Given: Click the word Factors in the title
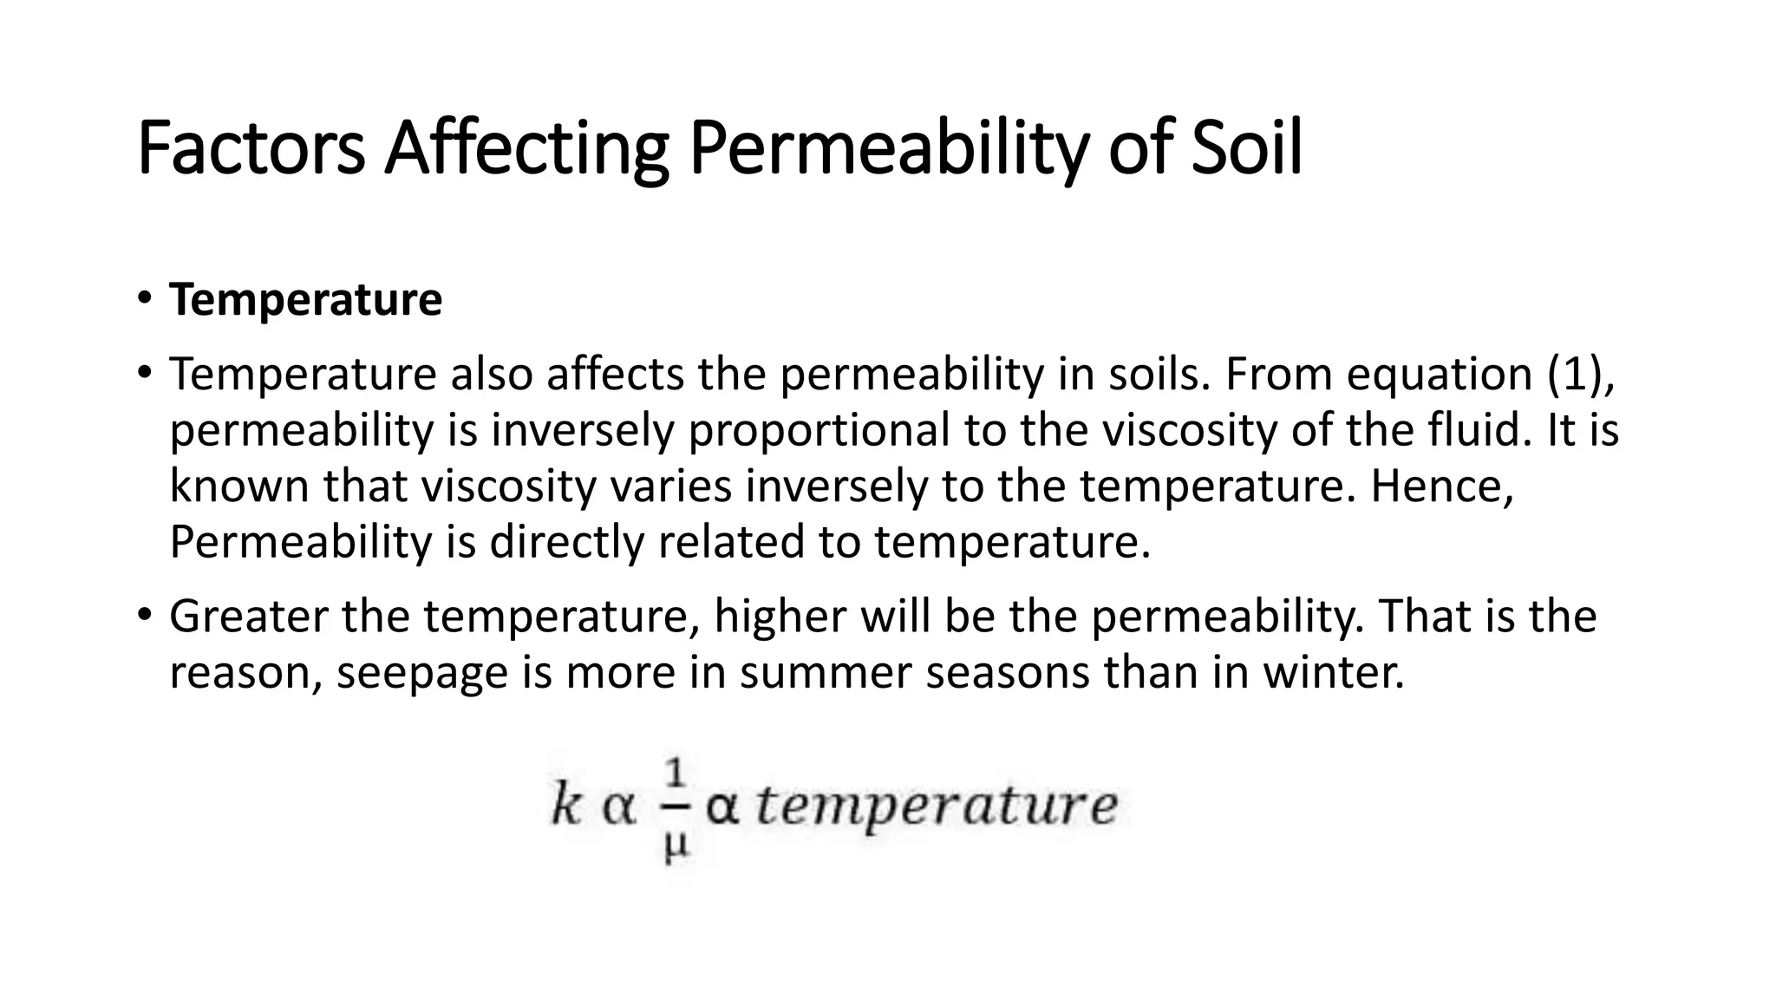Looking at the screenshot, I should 251,149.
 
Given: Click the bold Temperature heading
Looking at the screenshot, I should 306,300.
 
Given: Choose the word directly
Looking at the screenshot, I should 567,542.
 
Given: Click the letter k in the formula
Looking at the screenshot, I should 565,806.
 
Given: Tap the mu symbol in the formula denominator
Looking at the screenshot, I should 676,845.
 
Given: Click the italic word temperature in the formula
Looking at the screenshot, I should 937,807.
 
